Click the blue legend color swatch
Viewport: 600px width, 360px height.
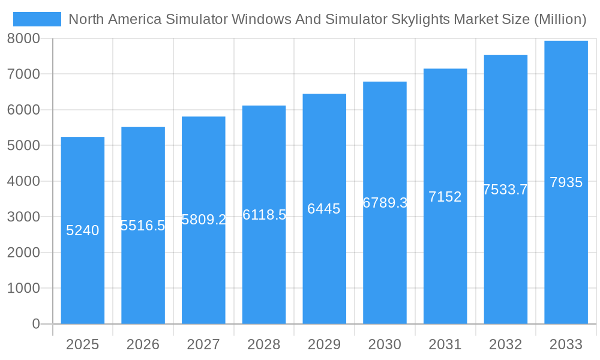[37, 19]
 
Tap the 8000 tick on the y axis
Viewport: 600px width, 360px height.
[23, 38]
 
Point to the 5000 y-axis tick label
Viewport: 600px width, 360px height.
[23, 146]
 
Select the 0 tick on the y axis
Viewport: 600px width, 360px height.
[35, 324]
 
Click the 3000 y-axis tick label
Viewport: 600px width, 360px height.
[23, 217]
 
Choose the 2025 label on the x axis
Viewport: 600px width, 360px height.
[82, 344]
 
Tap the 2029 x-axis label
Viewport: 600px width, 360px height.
[324, 344]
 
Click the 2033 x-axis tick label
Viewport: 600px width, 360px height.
[566, 344]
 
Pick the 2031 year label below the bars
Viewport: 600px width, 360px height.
[445, 344]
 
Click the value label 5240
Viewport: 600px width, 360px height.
[82, 230]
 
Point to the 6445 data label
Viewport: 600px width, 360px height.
[324, 209]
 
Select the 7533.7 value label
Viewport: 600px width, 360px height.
[505, 190]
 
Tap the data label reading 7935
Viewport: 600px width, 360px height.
[566, 182]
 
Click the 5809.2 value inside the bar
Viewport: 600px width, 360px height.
[203, 220]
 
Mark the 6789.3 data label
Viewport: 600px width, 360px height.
[385, 203]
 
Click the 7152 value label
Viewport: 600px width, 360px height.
[445, 197]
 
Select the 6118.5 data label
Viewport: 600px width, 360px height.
[264, 215]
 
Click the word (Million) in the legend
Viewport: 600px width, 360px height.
[559, 19]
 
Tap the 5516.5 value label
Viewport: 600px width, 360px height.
[143, 226]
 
